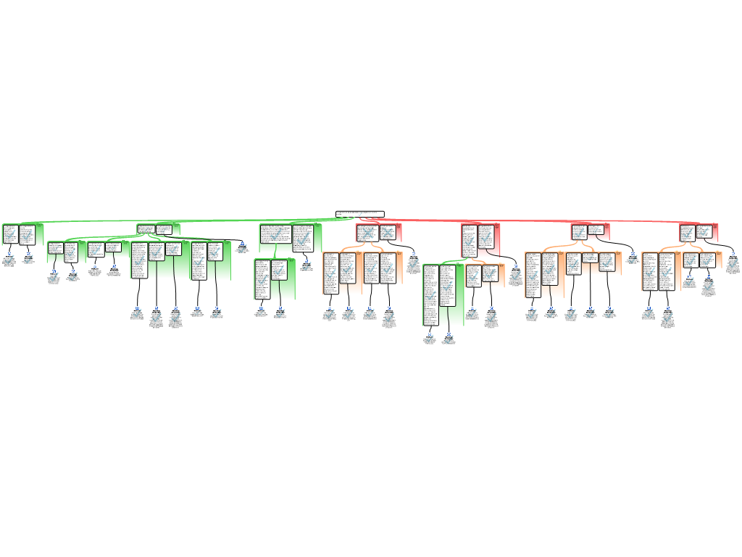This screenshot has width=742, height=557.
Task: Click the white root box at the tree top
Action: [x=359, y=214]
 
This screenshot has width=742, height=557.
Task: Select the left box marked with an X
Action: [x=367, y=233]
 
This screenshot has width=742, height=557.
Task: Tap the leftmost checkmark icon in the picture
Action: [x=9, y=259]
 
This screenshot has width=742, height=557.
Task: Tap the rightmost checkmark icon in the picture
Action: [x=733, y=263]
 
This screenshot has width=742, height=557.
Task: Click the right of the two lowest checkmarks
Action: [x=449, y=339]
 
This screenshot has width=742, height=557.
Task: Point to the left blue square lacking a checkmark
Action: [x=95, y=265]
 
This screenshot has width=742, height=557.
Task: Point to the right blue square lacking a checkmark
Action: [x=114, y=265]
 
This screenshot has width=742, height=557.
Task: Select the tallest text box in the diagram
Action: [x=430, y=294]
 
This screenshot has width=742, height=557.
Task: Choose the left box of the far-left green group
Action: [x=10, y=234]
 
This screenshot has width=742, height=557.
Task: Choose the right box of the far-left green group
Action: [x=27, y=234]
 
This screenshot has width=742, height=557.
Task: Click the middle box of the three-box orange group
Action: [x=590, y=257]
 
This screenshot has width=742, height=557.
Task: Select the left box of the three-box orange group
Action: [x=573, y=262]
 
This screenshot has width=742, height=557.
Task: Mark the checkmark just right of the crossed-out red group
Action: [x=414, y=263]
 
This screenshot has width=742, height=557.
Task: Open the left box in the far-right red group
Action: [x=687, y=233]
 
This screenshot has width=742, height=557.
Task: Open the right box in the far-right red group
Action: [x=704, y=232]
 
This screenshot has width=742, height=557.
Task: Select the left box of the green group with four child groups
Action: [x=146, y=229]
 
